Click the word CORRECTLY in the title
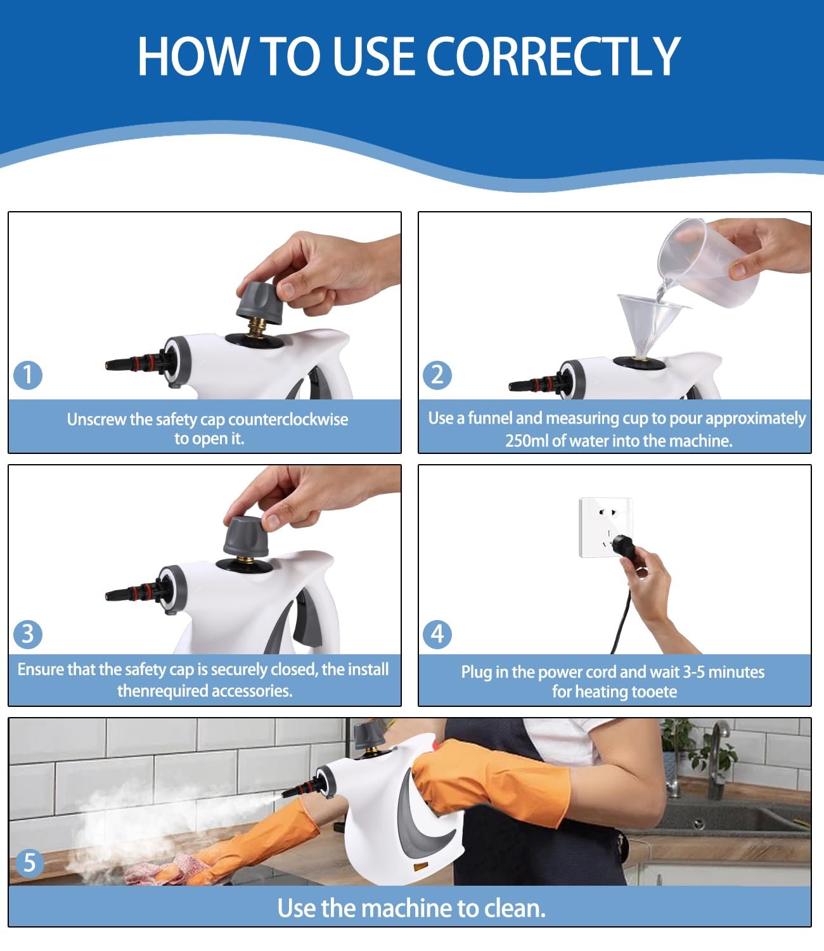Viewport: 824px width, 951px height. pyautogui.click(x=555, y=56)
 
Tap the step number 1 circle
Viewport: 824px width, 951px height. pyautogui.click(x=28, y=375)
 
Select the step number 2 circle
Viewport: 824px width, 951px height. pyautogui.click(x=437, y=375)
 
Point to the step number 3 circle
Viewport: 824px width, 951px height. pyautogui.click(x=28, y=635)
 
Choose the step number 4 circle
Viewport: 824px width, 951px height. pyautogui.click(x=437, y=635)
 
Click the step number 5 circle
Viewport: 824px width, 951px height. pyautogui.click(x=29, y=863)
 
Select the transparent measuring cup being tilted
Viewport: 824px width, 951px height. pyautogui.click(x=709, y=262)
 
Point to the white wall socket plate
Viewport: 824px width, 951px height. pyautogui.click(x=605, y=527)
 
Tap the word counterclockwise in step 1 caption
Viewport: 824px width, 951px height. pyautogui.click(x=288, y=420)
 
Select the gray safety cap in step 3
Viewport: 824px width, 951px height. pyautogui.click(x=246, y=536)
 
